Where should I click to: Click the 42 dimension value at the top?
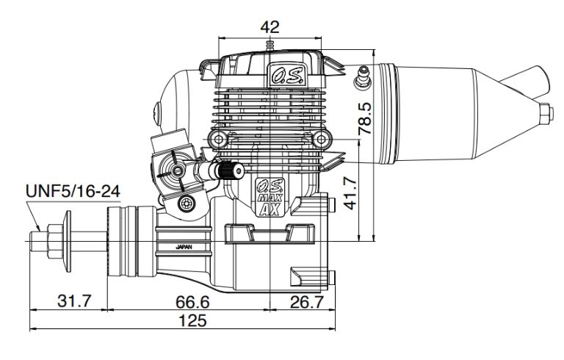coord(270,26)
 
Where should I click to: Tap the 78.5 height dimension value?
coord(365,118)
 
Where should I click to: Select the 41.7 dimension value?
coord(350,192)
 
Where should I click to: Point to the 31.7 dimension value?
coord(74,301)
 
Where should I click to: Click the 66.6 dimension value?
coord(192,302)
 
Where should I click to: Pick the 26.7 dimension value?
coord(307,302)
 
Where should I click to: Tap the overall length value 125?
coord(193,320)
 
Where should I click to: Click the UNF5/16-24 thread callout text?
coord(73,191)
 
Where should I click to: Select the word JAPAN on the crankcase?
coord(184,247)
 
